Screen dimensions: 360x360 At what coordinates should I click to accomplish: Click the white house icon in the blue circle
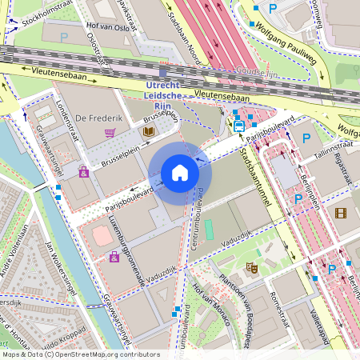(x=180, y=173)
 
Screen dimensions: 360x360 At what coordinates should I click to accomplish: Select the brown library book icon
(x=148, y=131)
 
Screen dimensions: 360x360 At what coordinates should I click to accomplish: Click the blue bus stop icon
(x=238, y=125)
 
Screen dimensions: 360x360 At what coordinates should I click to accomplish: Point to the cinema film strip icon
(x=342, y=213)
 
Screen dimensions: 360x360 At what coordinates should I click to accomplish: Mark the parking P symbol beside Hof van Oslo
(x=64, y=37)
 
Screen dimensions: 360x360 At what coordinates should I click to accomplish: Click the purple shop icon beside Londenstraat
(x=83, y=171)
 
